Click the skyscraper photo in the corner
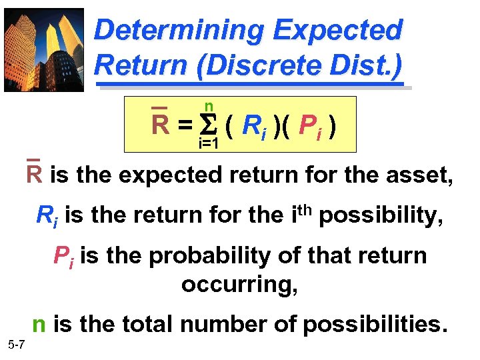(x=44, y=49)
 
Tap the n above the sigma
(x=209, y=107)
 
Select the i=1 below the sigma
(x=209, y=143)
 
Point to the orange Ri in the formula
(x=254, y=125)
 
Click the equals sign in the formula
(x=185, y=125)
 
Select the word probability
(x=207, y=257)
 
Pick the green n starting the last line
(x=39, y=325)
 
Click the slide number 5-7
(x=17, y=345)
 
